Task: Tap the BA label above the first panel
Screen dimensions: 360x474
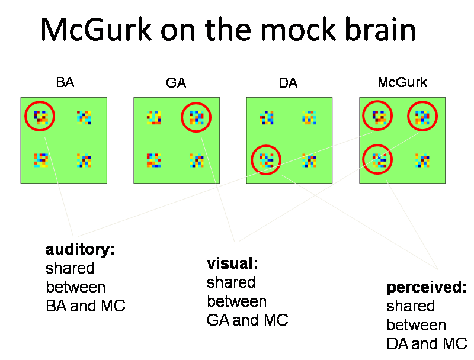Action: [65, 82]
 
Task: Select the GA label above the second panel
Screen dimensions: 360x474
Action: [176, 83]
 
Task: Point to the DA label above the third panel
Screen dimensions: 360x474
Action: [288, 83]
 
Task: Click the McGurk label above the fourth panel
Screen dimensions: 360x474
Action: [402, 82]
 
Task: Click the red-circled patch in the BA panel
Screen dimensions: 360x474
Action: [40, 117]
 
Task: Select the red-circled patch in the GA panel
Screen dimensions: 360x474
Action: [196, 117]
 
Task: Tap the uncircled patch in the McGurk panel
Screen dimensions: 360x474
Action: [422, 159]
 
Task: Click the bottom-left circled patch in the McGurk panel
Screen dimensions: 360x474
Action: [378, 159]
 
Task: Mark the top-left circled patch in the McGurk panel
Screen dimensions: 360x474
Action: [378, 117]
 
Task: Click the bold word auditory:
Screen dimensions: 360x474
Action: [80, 249]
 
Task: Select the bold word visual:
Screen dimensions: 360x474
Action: [233, 263]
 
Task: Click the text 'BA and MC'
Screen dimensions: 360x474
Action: [85, 306]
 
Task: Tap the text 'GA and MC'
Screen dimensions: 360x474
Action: [247, 320]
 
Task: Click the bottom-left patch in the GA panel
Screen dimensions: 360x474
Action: [153, 159]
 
